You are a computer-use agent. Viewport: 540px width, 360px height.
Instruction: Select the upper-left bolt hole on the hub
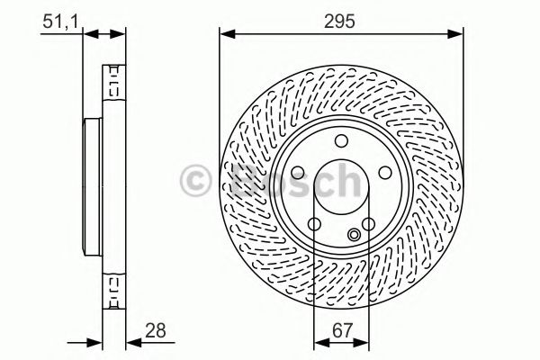click(x=298, y=171)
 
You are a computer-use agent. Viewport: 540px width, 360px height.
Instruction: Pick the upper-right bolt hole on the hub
click(x=381, y=170)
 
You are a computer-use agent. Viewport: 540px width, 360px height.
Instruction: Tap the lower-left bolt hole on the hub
click(x=313, y=224)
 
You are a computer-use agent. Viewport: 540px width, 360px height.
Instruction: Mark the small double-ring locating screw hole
click(x=354, y=235)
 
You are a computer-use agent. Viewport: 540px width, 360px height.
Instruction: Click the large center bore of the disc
click(x=339, y=186)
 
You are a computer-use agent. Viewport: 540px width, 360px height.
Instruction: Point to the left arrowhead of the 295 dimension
click(x=226, y=34)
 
